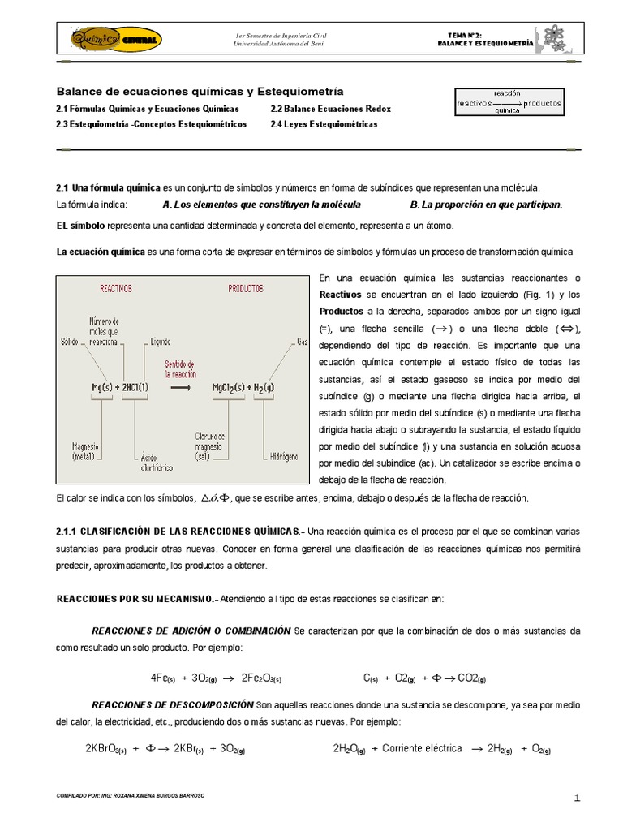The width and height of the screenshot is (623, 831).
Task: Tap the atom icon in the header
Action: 555,37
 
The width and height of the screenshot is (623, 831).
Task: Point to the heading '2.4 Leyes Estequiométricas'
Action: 324,125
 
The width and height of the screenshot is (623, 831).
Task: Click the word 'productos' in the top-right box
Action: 543,104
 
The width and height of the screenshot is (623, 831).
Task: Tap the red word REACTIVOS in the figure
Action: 115,288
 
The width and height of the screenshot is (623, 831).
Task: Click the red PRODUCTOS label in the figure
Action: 246,288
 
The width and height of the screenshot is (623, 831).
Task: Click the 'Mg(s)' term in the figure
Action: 103,387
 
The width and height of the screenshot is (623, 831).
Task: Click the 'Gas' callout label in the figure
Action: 302,341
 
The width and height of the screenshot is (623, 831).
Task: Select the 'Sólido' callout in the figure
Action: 70,342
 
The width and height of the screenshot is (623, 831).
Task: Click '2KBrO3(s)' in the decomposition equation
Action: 105,749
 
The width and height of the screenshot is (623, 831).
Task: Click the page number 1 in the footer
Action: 577,799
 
